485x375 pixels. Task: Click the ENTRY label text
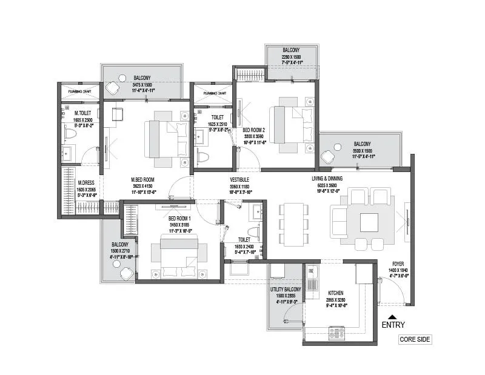[x=393, y=325]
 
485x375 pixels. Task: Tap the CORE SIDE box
[x=415, y=339]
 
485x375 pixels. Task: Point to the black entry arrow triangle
[x=393, y=316]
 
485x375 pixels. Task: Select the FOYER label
[x=398, y=264]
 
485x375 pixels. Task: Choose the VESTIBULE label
[x=240, y=180]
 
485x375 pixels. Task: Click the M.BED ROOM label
[x=144, y=180]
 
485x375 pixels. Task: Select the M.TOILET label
[x=83, y=113]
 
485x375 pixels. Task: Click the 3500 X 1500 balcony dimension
[x=363, y=150]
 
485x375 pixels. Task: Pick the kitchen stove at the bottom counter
[x=336, y=331]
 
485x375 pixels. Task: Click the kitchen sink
[x=313, y=280]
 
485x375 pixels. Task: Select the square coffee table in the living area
[x=369, y=222]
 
